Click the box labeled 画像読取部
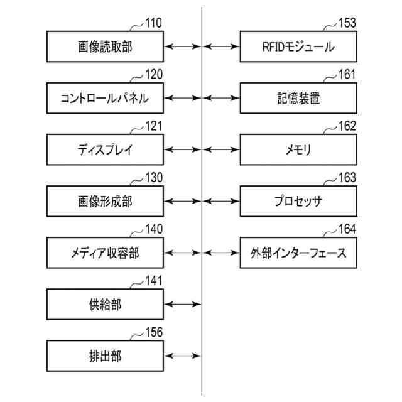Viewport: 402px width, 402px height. [x=105, y=46]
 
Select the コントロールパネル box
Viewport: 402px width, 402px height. [x=105, y=98]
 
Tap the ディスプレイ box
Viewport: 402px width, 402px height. [x=105, y=149]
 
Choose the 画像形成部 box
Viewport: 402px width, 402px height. [x=105, y=201]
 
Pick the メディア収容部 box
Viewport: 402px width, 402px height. [x=105, y=253]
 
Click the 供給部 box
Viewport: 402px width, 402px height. [x=105, y=304]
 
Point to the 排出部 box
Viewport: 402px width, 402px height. [x=105, y=356]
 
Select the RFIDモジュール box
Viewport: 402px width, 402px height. [x=298, y=46]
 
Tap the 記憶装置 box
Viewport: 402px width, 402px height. [x=298, y=98]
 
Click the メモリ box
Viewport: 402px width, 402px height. [x=298, y=149]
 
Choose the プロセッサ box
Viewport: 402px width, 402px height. [x=298, y=201]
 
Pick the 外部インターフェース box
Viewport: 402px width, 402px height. [x=298, y=253]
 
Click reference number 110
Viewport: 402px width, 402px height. [x=153, y=23]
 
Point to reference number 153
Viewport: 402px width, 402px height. [x=347, y=23]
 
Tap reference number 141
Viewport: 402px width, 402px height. [x=153, y=281]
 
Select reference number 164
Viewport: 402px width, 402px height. [x=347, y=229]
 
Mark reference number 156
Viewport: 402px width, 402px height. [x=154, y=332]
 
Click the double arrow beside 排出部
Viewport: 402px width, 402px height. [x=183, y=356]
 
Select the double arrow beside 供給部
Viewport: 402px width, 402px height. [x=183, y=304]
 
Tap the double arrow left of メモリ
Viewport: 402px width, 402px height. [x=221, y=149]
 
